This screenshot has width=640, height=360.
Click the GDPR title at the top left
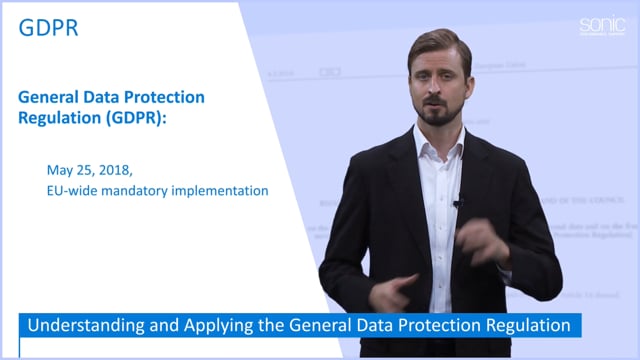coord(49,28)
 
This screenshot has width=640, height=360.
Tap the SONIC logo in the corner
coord(599,25)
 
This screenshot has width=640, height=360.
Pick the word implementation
coord(225,189)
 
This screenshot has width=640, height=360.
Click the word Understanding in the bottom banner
coord(81,326)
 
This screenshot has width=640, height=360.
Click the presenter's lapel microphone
coord(457,203)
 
